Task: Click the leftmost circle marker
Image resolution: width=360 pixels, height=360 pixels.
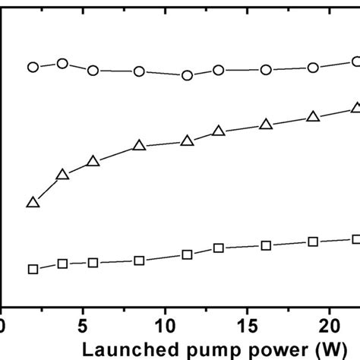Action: point(33,67)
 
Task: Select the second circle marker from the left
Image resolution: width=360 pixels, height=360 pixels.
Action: point(63,64)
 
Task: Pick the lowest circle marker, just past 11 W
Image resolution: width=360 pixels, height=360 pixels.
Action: point(188,75)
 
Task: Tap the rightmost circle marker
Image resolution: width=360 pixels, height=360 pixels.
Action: point(355,62)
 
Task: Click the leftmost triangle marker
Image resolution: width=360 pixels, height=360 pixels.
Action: point(33,203)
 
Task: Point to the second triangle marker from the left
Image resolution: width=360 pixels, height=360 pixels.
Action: point(63,175)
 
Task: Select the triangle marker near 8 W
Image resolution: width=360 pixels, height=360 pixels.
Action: point(139,146)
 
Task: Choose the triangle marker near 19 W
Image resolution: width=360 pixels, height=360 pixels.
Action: point(312,117)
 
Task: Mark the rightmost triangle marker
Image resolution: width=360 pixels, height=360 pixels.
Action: point(355,108)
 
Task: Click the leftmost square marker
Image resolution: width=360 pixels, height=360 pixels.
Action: point(33,270)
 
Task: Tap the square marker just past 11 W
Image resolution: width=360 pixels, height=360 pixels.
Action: point(188,255)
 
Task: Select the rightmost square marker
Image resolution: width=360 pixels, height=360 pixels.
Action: point(355,239)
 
